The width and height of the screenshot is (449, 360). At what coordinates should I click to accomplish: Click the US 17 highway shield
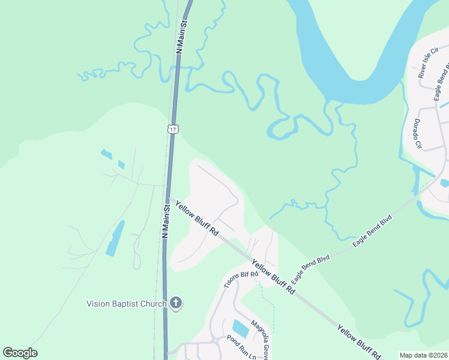[173, 128]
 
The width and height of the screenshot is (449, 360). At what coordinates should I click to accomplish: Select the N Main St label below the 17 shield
[165, 220]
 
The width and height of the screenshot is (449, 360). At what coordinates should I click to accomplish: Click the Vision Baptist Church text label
[126, 304]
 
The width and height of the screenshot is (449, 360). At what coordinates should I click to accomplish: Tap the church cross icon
[176, 303]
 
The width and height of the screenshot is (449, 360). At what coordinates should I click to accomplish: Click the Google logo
[20, 353]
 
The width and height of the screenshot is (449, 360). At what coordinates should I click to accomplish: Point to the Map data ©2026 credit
[423, 355]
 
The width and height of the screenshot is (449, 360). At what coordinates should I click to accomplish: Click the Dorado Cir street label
[416, 133]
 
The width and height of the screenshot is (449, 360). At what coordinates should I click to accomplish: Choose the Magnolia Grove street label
[259, 337]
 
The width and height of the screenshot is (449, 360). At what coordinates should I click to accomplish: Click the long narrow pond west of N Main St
[115, 238]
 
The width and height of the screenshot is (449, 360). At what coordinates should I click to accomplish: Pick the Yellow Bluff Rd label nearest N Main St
[196, 218]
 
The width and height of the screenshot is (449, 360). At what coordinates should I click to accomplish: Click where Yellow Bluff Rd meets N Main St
[166, 197]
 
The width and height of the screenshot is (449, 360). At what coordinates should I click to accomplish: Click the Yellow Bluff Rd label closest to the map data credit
[358, 342]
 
